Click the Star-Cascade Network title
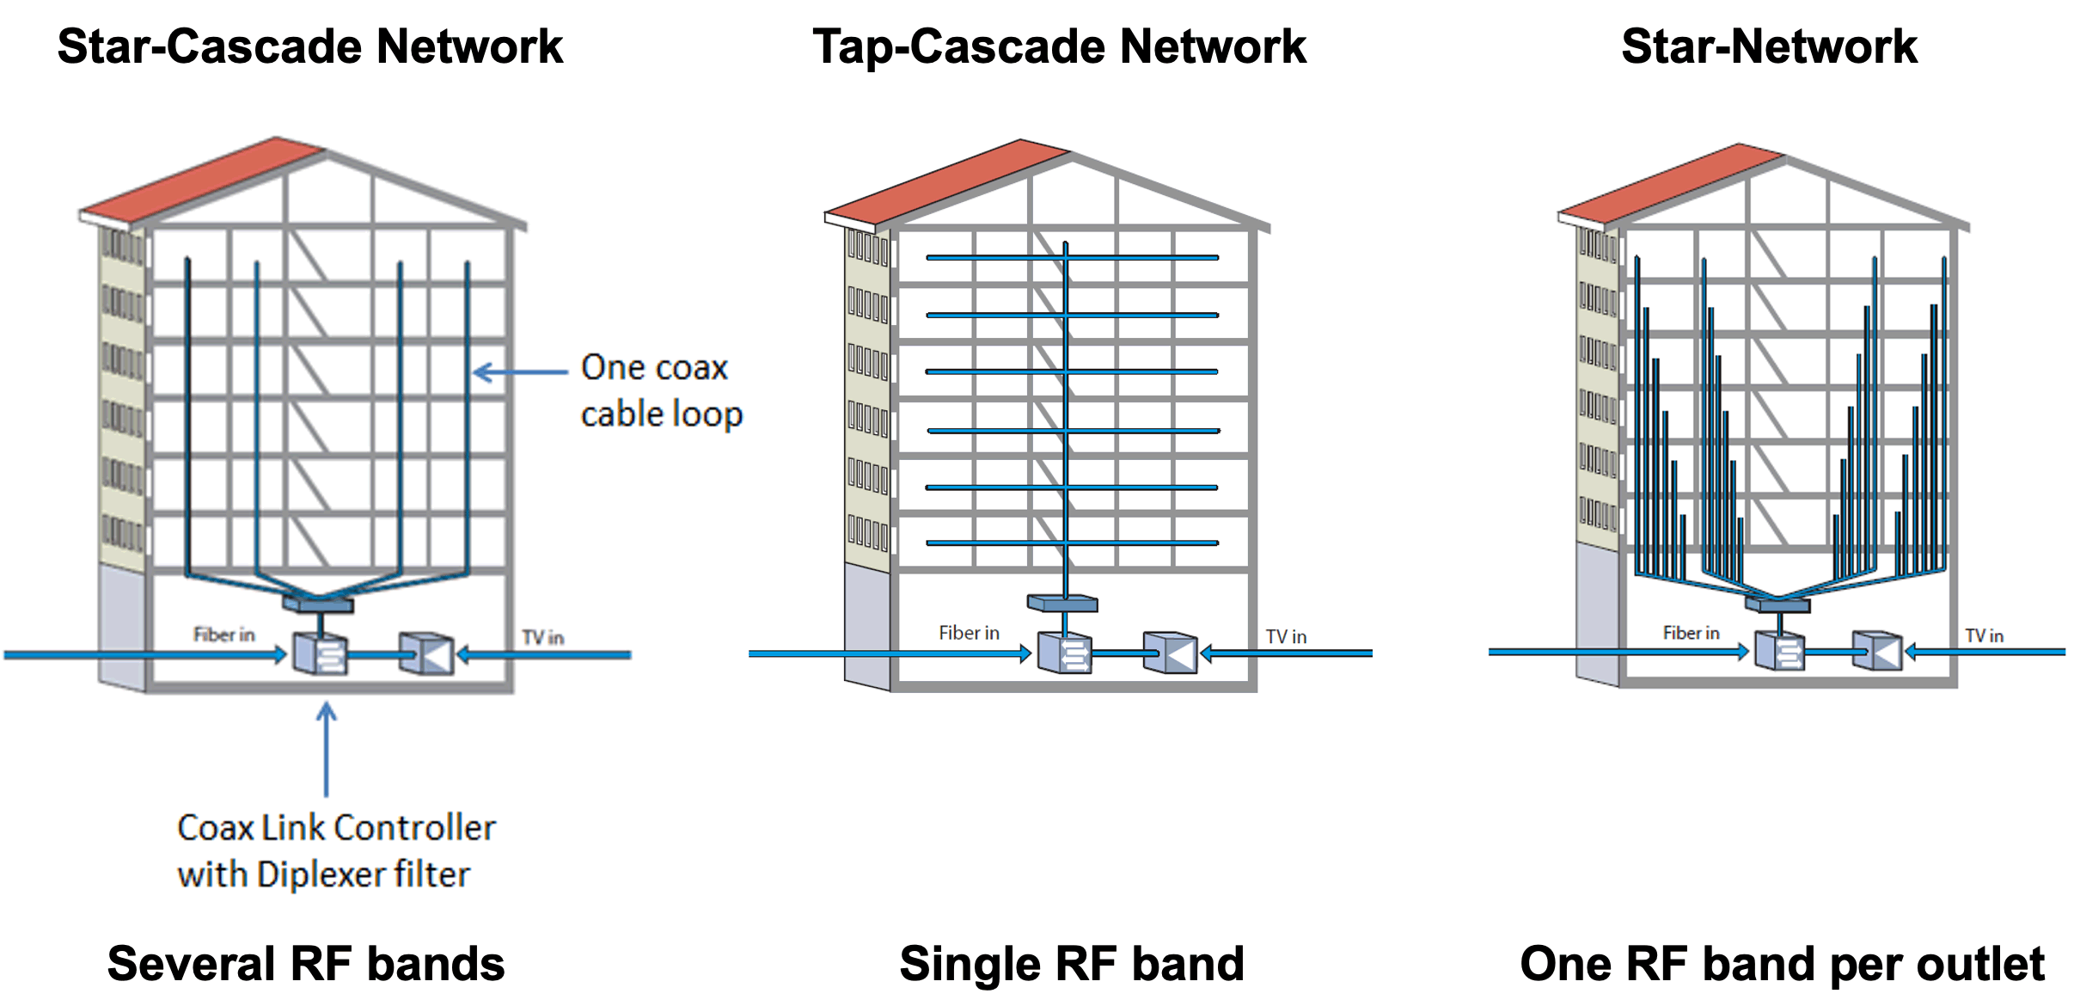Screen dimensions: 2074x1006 tap(309, 46)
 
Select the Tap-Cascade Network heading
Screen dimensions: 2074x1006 tap(1059, 47)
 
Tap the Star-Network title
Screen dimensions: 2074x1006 tap(1769, 46)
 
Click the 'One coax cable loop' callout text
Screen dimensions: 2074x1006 tap(661, 390)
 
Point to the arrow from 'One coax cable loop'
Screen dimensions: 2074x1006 tap(520, 372)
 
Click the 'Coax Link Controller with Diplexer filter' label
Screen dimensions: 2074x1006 tap(336, 851)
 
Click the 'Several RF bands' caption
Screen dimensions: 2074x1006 tap(306, 964)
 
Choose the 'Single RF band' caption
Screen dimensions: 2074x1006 tap(1072, 964)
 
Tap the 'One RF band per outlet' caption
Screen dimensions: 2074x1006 tap(1782, 965)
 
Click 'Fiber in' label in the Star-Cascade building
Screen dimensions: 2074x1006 tap(223, 635)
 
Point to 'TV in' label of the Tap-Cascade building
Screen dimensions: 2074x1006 tap(1286, 636)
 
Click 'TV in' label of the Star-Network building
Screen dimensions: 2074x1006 tap(1984, 635)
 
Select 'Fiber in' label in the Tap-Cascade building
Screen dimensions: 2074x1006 tap(969, 633)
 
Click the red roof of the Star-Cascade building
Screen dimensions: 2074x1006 tap(203, 179)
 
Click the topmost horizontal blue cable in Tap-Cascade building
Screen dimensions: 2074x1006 tap(1072, 257)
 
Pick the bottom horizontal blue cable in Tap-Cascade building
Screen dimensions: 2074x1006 tap(1072, 543)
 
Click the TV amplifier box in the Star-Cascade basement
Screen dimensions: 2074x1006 tap(427, 653)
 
